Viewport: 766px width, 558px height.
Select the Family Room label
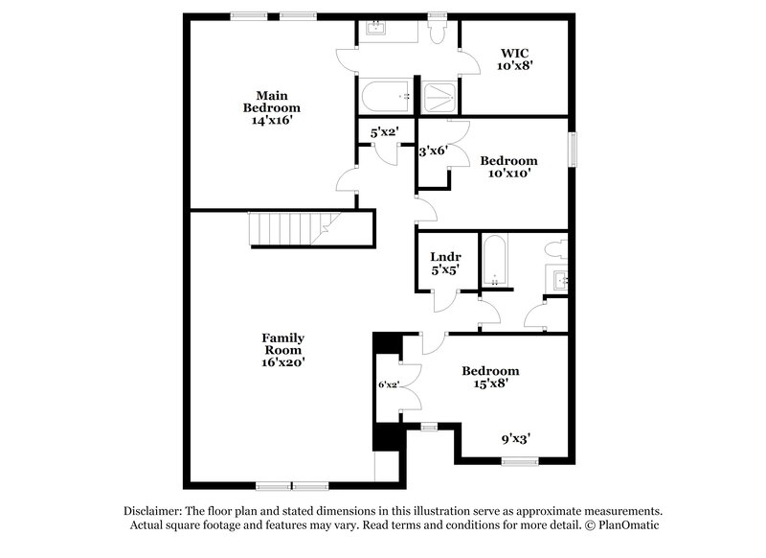click(x=283, y=343)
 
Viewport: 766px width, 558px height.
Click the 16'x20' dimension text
click(x=283, y=362)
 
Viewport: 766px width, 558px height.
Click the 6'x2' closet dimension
click(x=388, y=384)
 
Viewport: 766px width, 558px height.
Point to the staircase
click(x=287, y=230)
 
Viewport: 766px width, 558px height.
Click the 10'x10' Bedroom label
click(x=507, y=167)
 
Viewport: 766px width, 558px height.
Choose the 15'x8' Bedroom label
click(x=490, y=377)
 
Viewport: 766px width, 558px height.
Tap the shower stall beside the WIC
click(x=440, y=96)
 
